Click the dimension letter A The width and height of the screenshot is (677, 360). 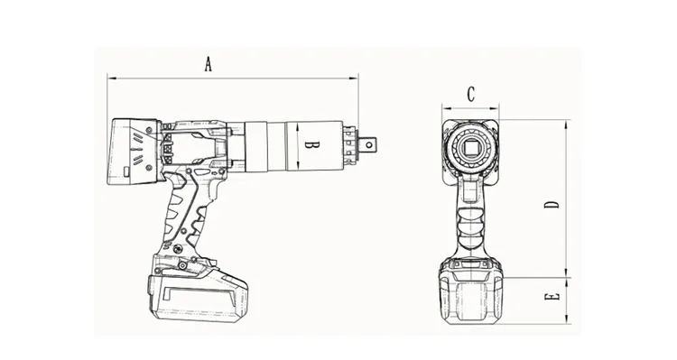208,64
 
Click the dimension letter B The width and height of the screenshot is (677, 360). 307,144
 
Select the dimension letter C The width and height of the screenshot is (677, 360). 471,93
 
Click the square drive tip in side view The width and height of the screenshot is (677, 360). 371,143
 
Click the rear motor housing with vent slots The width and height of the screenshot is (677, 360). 135,152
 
